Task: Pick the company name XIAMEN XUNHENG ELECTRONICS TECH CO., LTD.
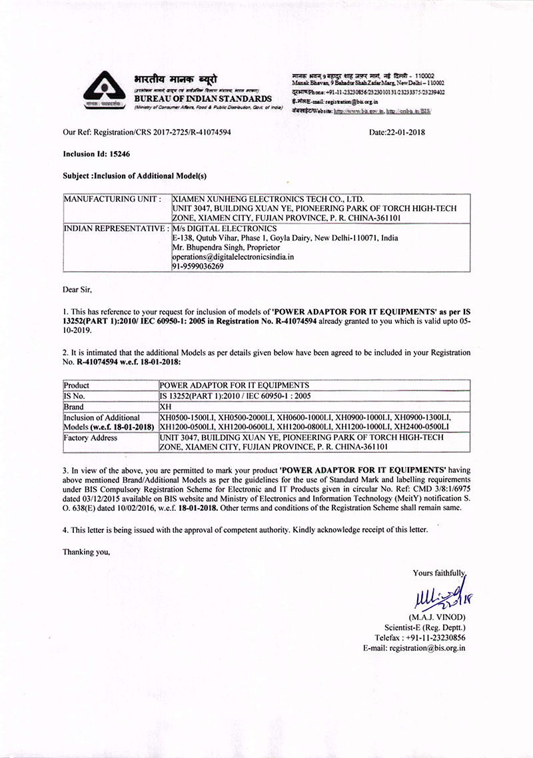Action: pos(268,198)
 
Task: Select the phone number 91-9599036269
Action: pos(198,266)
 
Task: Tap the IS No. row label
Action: pos(77,395)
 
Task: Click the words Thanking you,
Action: pos(86,552)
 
